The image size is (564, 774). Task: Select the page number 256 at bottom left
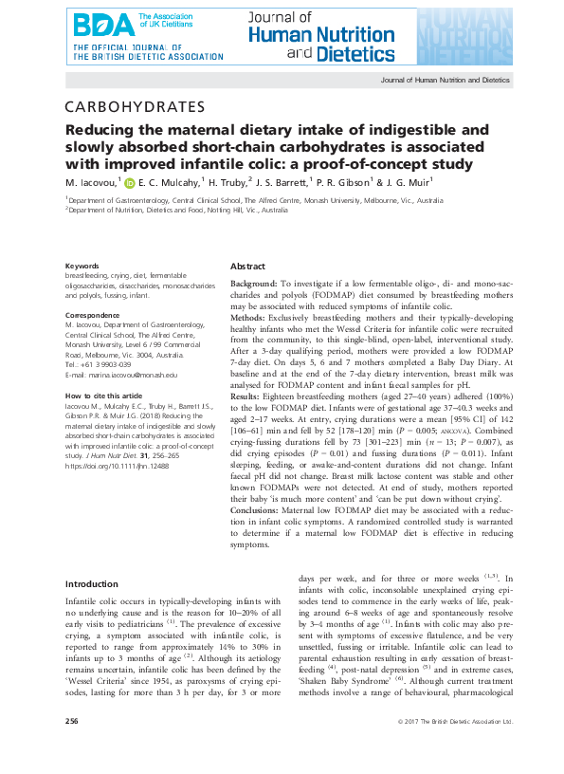click(x=72, y=748)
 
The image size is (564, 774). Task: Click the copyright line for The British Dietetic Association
click(x=457, y=748)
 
